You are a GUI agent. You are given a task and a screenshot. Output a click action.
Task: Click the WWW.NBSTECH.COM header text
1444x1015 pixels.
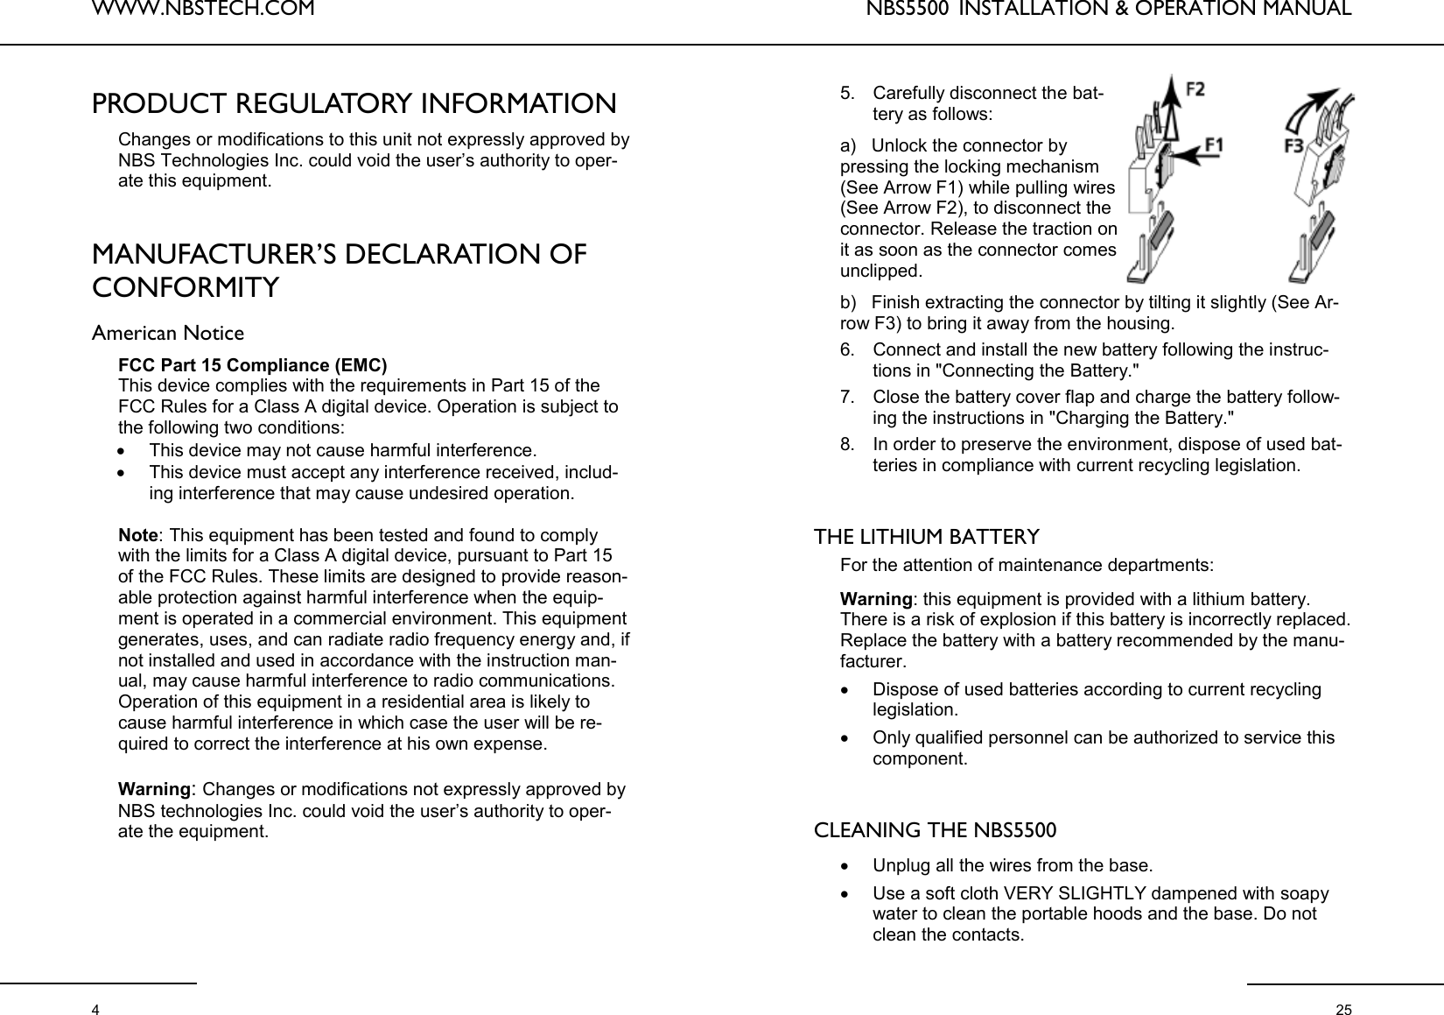tap(202, 11)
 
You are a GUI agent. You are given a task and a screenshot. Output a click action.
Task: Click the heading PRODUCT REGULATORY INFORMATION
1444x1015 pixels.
tap(354, 103)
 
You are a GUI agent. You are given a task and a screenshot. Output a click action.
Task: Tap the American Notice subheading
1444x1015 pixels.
tap(168, 334)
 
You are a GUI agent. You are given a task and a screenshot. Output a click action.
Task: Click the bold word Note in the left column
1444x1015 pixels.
tap(138, 535)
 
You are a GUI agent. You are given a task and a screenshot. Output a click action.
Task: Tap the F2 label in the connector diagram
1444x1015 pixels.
tap(1195, 89)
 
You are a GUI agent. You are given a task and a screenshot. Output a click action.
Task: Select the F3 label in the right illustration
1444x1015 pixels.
tap(1297, 145)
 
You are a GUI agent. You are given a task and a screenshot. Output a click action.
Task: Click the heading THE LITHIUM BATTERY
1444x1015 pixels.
tap(927, 536)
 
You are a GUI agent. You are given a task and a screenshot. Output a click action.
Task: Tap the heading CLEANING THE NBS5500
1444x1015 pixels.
tap(935, 829)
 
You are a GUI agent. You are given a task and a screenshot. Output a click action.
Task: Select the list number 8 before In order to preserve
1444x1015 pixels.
tap(846, 444)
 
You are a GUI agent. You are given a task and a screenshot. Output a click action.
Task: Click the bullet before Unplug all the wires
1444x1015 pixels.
tap(844, 867)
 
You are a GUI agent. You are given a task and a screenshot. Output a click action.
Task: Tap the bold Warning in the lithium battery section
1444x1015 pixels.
tap(876, 600)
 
